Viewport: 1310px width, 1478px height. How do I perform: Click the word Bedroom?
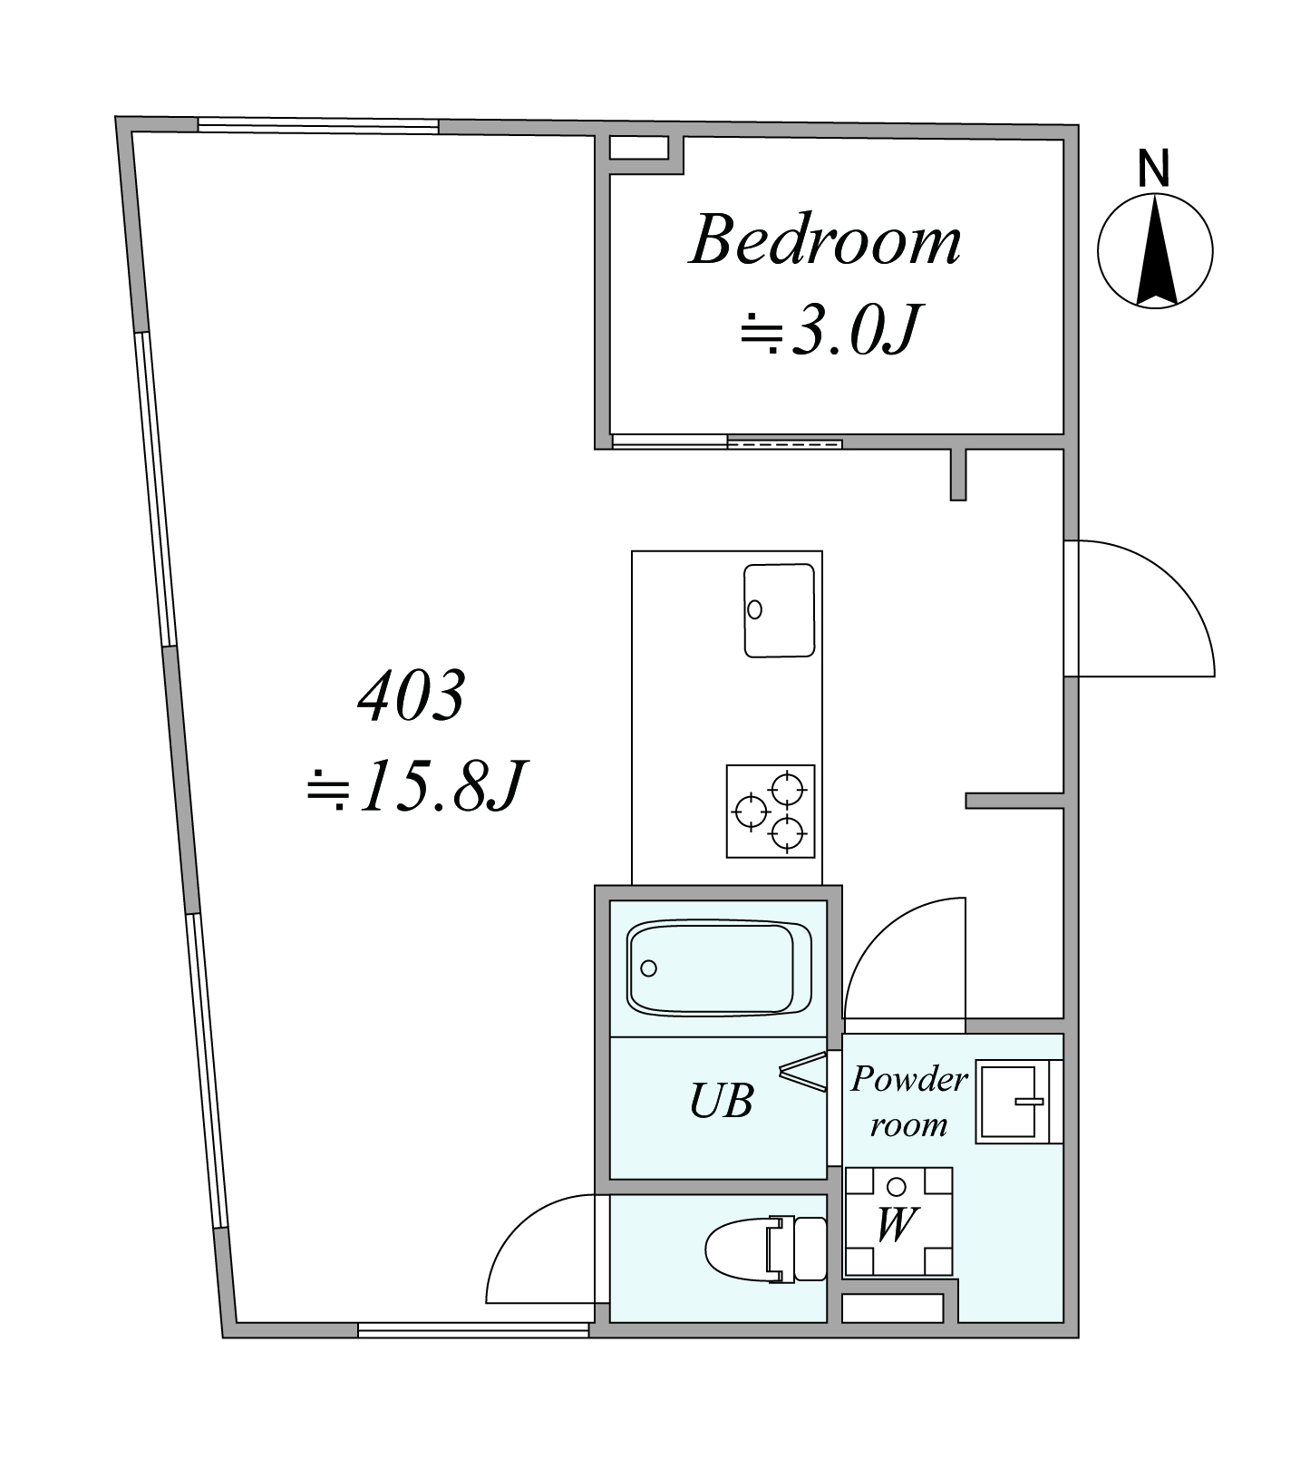click(x=825, y=240)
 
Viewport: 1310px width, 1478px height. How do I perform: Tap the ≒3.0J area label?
click(x=830, y=330)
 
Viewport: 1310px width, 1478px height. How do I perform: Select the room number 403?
click(x=412, y=696)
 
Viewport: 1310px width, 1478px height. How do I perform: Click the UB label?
click(x=722, y=1101)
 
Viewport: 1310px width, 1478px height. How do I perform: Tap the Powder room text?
click(x=909, y=1101)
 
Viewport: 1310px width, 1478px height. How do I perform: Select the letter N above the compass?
click(x=1154, y=169)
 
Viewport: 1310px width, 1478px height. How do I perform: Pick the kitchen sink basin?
click(x=779, y=609)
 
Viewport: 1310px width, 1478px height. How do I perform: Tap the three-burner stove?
click(x=771, y=811)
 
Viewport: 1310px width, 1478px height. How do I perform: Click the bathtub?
click(x=718, y=968)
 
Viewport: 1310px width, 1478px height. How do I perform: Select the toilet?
click(x=766, y=1249)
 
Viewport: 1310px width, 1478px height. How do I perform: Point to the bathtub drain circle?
click(x=648, y=968)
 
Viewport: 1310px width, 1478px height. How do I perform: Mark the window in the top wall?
click(x=318, y=126)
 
